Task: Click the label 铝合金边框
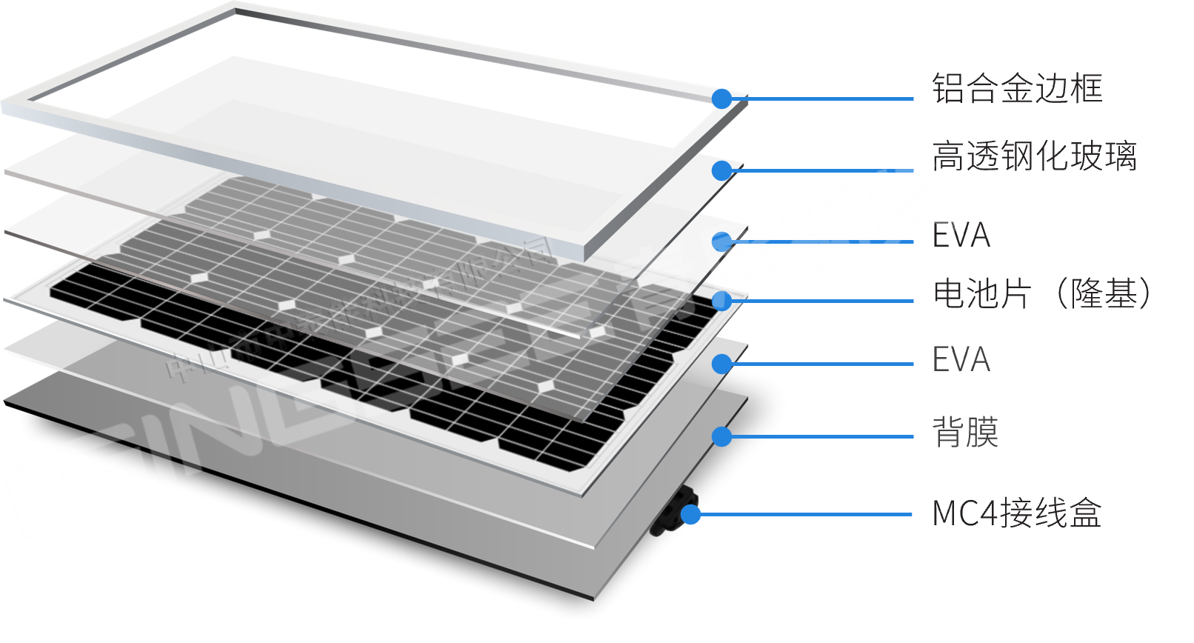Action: pos(1016,89)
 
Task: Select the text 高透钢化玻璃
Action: pos(1034,156)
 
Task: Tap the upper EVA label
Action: pos(961,236)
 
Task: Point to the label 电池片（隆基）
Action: pos(1043,294)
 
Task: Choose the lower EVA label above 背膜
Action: pos(961,359)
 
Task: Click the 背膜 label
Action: pos(965,432)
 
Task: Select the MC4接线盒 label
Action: pos(1016,513)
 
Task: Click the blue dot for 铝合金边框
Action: pos(721,99)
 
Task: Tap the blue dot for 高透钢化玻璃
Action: pos(721,170)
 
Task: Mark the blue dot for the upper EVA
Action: pos(721,241)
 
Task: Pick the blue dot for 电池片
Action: pos(721,301)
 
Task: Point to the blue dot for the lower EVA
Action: pos(721,364)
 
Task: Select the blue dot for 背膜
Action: pos(721,436)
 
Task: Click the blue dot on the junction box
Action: pos(690,514)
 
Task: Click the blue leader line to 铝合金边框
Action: pos(822,99)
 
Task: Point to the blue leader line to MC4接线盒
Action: pos(807,514)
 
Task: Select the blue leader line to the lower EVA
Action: pos(822,364)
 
